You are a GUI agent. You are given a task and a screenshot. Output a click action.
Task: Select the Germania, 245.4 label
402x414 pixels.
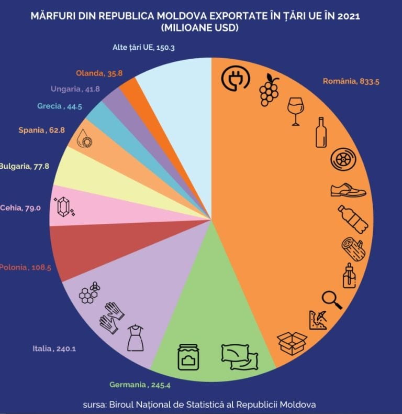(140, 385)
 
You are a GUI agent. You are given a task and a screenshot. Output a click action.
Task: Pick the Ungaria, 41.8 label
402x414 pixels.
(75, 89)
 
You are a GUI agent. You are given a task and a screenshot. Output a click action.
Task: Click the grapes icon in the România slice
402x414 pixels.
(269, 90)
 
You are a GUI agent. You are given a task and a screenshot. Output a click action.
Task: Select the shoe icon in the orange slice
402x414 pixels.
(348, 190)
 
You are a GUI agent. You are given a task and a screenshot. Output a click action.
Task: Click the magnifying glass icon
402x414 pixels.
(331, 299)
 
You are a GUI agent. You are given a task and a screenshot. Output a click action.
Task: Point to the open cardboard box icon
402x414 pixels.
(292, 343)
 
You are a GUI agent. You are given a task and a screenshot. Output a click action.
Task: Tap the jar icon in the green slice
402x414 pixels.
(188, 356)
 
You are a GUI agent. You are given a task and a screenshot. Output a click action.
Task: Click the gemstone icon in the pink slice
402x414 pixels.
(64, 208)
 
